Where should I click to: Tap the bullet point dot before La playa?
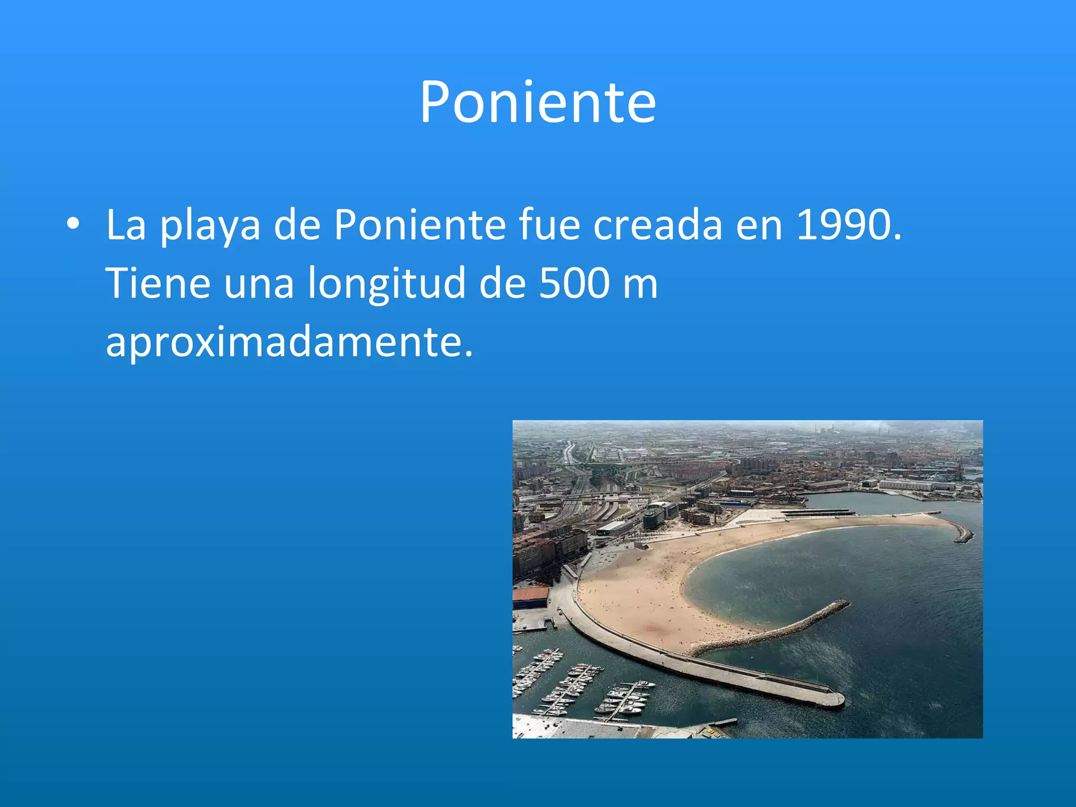73,224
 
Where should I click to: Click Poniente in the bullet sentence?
420,224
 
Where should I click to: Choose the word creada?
658,224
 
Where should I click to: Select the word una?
258,284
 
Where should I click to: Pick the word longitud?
386,284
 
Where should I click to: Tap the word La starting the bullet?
126,224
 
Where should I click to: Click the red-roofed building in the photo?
531,597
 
